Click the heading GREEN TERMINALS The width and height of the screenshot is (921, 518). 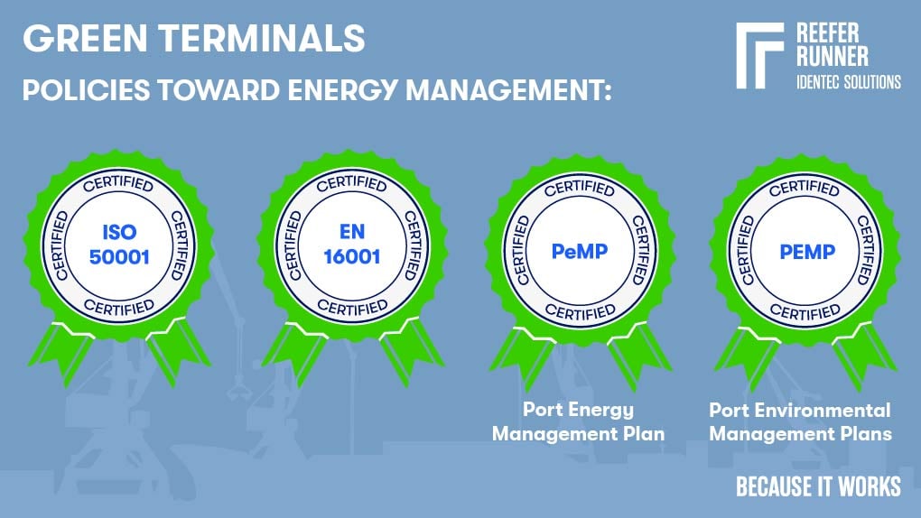(x=193, y=39)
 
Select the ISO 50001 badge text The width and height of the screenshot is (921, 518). (x=118, y=244)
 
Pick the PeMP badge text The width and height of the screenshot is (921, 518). (x=579, y=250)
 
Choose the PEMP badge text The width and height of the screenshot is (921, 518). (x=805, y=250)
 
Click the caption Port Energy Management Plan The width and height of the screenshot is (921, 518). (x=579, y=421)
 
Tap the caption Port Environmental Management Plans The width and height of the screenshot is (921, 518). (x=800, y=421)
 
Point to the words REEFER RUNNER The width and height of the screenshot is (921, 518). (x=833, y=44)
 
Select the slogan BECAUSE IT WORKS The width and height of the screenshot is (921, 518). (x=818, y=486)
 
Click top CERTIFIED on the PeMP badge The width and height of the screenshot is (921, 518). (x=579, y=189)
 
